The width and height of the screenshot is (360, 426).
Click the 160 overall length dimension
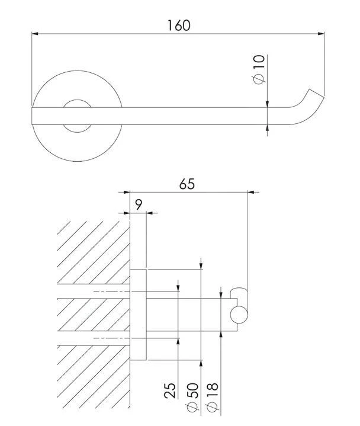(x=178, y=25)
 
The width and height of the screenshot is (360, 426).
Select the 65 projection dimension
(x=187, y=184)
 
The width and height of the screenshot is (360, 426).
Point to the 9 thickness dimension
(x=138, y=205)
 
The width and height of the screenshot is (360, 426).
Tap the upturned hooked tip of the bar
(x=312, y=96)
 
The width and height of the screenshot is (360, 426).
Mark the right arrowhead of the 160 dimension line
(x=322, y=34)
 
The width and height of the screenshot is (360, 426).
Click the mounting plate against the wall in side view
(x=137, y=315)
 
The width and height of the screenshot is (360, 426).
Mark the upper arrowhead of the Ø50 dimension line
(x=201, y=266)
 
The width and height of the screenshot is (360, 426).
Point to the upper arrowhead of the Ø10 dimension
(x=268, y=104)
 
